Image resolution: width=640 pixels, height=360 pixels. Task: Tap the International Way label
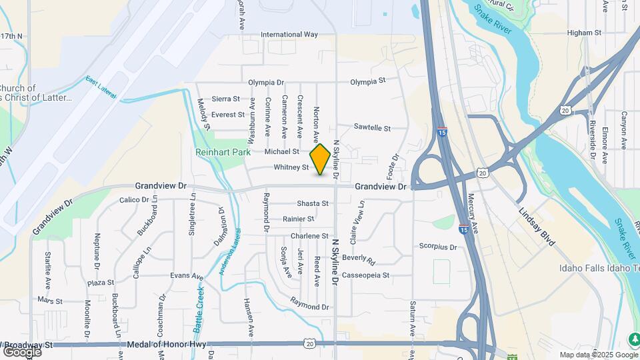pos(289,34)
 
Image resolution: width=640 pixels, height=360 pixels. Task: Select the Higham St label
pos(584,32)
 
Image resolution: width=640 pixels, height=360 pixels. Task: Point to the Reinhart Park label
pos(223,152)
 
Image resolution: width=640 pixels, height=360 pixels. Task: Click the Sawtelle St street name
pos(372,127)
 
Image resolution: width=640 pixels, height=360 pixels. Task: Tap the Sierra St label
pos(225,99)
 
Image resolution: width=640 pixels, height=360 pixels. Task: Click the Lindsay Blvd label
pos(537,227)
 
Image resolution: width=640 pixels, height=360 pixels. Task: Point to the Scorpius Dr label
pos(437,247)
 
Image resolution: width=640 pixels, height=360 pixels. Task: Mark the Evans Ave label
pos(186,275)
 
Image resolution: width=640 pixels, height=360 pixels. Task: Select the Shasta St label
pos(313,203)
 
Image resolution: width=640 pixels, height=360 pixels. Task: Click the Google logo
pos(22,351)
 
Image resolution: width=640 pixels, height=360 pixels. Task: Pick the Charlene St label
pos(309,236)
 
